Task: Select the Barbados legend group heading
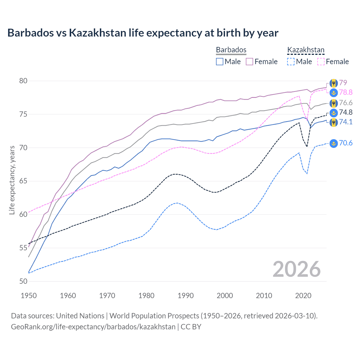(x=231, y=50)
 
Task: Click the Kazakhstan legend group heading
(x=306, y=50)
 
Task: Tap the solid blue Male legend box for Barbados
(x=220, y=62)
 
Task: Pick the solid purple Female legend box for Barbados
(x=249, y=62)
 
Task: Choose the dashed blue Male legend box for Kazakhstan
(x=291, y=62)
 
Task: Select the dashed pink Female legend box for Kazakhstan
(x=321, y=62)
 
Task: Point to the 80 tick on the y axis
(x=23, y=81)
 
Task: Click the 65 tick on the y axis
(x=23, y=181)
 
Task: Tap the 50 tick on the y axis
(x=23, y=281)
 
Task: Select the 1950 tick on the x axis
(x=29, y=296)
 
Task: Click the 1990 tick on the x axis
(x=186, y=296)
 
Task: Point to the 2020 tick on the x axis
(x=303, y=296)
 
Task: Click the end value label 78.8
(x=346, y=92)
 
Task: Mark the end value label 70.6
(x=346, y=143)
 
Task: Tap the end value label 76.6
(x=346, y=103)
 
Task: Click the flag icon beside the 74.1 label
(x=334, y=122)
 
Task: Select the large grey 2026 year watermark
(x=297, y=269)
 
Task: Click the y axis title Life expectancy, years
(x=12, y=180)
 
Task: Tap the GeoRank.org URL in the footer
(x=93, y=327)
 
